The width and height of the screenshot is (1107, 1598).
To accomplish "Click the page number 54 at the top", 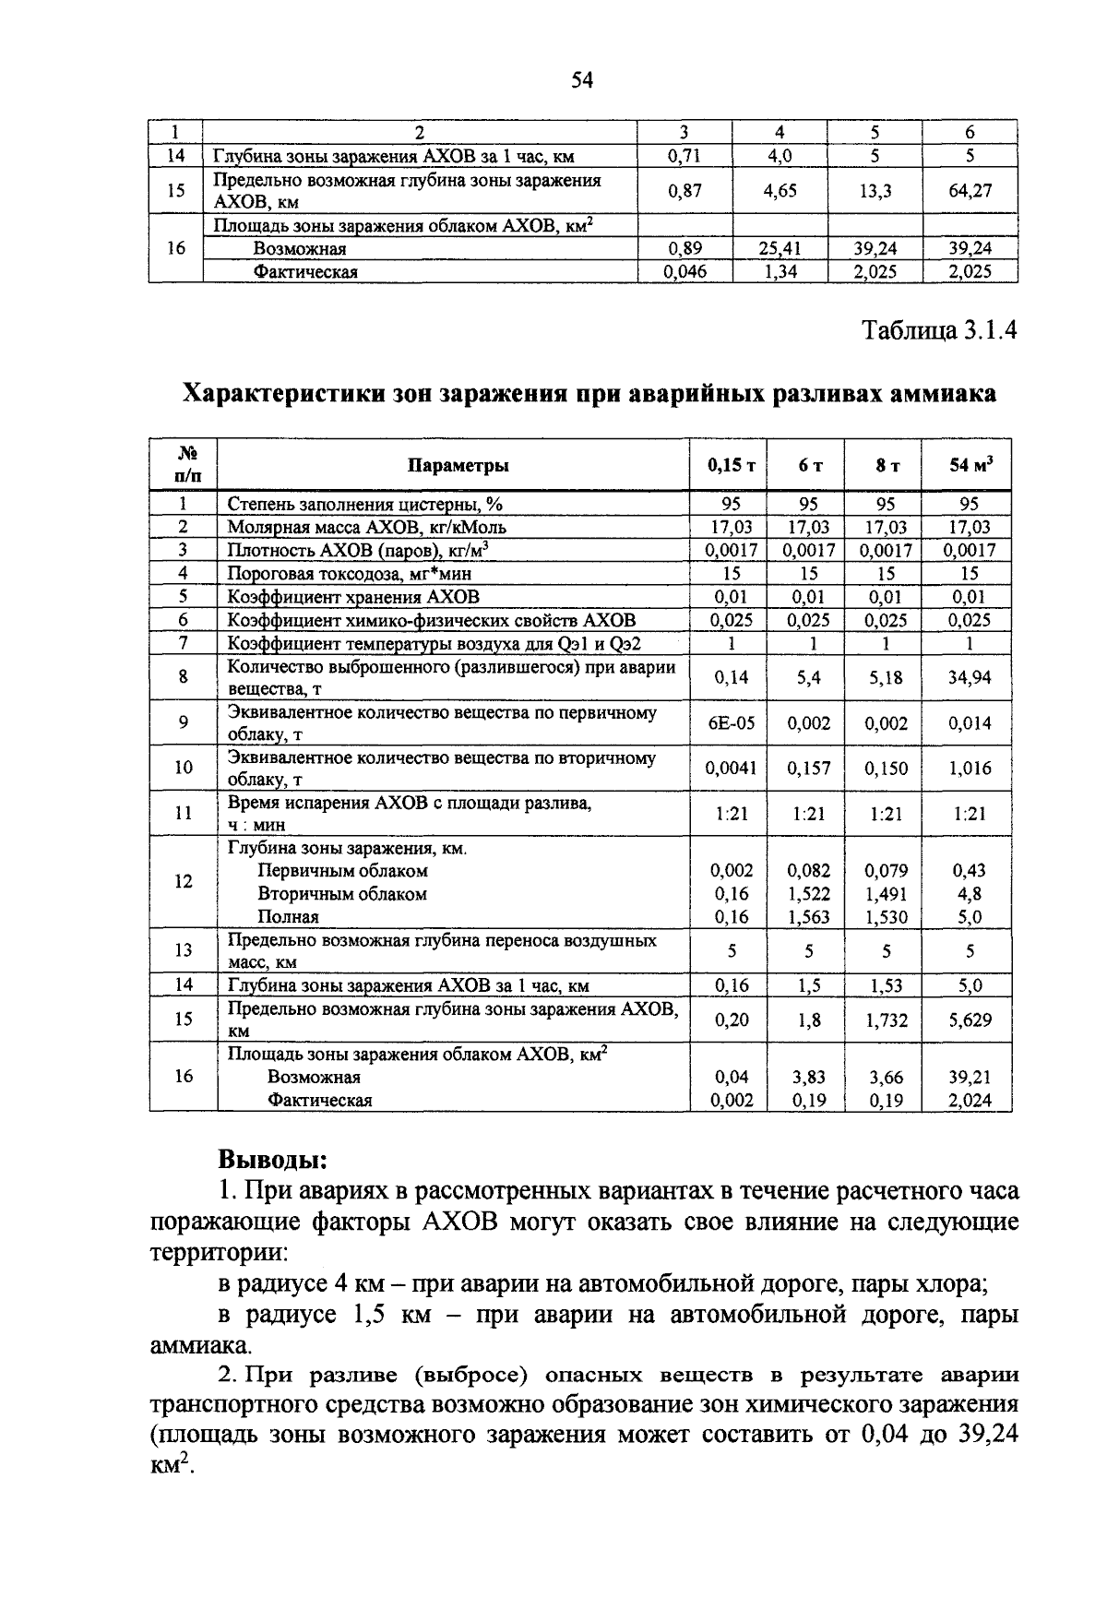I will [581, 81].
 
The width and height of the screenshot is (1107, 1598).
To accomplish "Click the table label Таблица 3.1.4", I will [939, 331].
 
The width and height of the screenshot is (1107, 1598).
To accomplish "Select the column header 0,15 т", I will [731, 466].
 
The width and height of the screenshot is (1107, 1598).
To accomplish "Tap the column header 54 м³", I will [971, 465].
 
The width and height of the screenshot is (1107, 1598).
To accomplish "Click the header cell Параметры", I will [458, 466].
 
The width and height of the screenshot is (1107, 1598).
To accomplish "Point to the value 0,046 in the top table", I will [685, 272].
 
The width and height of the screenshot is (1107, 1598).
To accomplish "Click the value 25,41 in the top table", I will [780, 249].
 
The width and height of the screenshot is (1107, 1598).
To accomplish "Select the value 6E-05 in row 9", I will [731, 723].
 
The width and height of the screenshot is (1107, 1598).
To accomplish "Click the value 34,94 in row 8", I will [970, 678].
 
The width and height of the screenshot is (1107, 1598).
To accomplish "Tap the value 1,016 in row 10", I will [970, 769].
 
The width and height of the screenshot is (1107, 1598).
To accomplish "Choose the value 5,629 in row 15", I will [970, 1020].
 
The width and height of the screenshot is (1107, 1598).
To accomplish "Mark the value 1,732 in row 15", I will [886, 1020].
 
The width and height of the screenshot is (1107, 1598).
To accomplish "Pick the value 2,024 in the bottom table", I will [970, 1100].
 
